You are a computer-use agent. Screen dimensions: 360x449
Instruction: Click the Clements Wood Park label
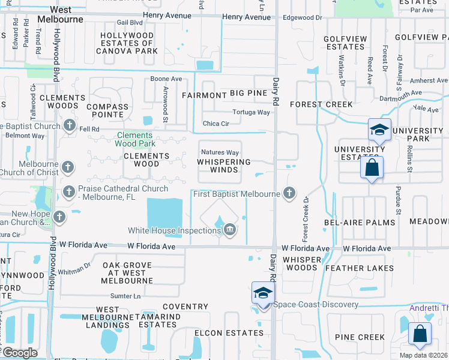click(136, 139)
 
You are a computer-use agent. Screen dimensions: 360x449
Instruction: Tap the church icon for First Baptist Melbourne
click(289, 193)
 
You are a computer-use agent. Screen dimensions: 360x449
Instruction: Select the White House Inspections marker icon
click(229, 230)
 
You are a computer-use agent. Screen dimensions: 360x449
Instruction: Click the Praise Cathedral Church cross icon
click(68, 192)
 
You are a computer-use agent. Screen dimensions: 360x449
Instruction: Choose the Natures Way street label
click(220, 152)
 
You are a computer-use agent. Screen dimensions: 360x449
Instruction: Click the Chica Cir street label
click(216, 124)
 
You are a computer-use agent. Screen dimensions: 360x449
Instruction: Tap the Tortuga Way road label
click(252, 112)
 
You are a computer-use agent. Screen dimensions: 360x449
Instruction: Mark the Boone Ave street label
click(166, 79)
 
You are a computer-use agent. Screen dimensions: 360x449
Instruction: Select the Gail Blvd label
click(130, 22)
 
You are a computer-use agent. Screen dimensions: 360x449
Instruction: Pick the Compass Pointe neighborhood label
click(108, 111)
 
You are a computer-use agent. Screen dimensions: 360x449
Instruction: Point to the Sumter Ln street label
click(125, 296)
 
